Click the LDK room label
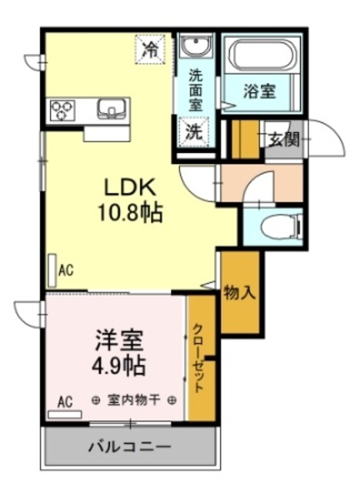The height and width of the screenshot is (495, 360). click(130, 187)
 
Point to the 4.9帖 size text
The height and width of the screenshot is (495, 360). click(119, 366)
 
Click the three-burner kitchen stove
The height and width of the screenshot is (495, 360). click(63, 111)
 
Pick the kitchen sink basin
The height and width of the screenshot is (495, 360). click(111, 108)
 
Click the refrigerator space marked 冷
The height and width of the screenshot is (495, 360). click(150, 49)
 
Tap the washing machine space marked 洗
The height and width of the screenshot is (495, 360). click(194, 131)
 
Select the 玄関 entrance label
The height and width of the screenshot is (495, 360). click(283, 139)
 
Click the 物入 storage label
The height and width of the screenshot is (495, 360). click(239, 293)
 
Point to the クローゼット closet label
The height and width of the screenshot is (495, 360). click(198, 357)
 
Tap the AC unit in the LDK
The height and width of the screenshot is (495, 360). click(53, 271)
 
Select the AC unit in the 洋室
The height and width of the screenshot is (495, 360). click(65, 415)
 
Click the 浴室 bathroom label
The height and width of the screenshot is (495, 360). click(259, 91)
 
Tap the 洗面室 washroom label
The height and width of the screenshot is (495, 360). click(196, 90)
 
